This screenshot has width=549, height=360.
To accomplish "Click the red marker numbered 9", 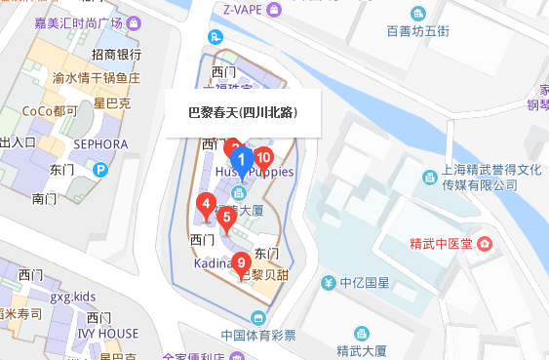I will pos(241,261).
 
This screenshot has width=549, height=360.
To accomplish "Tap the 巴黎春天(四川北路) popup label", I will pos(242,112).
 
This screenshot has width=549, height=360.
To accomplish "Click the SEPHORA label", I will pos(98,144).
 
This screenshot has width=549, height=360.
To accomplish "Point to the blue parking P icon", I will pos(99,169).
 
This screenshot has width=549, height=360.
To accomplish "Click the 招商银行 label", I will pos(116,55).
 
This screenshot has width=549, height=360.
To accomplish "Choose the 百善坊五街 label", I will pos(417,31).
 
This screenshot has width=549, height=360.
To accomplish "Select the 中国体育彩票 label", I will pos(257,335).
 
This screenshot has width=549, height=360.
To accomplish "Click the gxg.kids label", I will pos(73,296).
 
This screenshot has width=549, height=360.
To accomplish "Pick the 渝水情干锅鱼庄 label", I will pos(96,77).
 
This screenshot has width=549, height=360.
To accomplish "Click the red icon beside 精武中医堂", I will pos(485,242).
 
